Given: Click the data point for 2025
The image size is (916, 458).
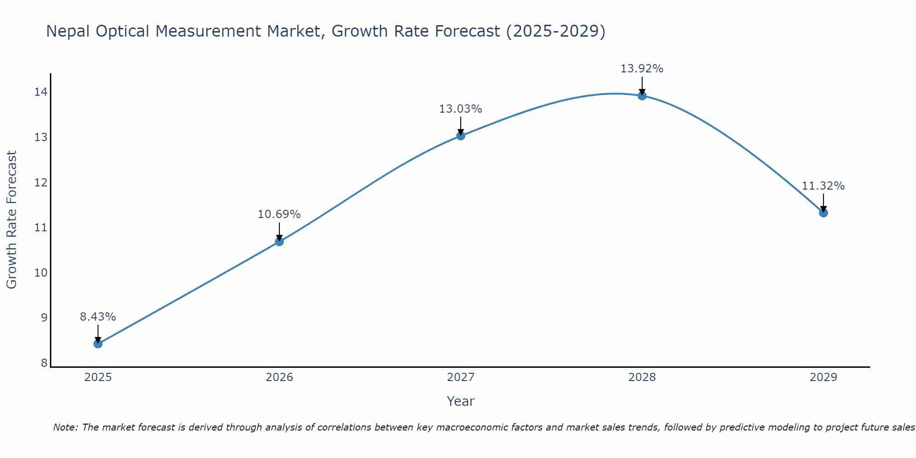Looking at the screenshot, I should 98,343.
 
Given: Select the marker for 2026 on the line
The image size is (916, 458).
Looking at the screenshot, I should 279,241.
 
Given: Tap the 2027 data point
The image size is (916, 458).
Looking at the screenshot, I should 461,136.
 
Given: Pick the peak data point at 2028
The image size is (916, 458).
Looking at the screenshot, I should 642,96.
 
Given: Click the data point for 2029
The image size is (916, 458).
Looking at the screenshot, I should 823,213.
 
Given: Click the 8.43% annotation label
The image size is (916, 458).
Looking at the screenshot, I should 98,316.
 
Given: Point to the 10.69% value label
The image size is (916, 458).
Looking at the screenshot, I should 279,214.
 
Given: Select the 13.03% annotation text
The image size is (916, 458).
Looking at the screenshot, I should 461,109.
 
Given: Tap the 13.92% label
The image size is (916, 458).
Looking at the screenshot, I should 642,69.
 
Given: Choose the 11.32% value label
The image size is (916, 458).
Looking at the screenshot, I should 823,186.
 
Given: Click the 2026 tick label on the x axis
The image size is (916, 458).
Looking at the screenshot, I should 279,377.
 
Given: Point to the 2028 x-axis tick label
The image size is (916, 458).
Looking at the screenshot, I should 642,377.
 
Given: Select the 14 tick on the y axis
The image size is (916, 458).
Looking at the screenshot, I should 41,92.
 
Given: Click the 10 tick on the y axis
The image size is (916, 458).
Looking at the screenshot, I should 41,273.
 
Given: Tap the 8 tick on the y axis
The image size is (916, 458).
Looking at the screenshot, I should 44,363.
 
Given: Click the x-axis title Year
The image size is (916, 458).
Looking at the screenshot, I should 461,401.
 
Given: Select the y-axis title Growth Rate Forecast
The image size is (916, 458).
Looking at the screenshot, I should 11,220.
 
